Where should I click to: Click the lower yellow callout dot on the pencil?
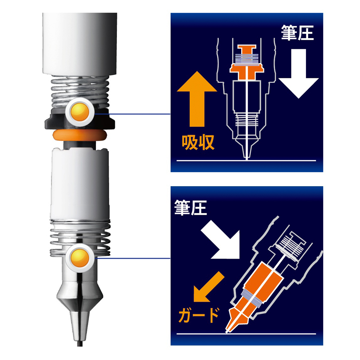79,257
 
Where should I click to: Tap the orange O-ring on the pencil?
79,135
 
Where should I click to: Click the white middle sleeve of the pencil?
79,186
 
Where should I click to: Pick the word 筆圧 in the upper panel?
297,33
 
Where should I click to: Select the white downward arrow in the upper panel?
298,75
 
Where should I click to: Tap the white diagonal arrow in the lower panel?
220,240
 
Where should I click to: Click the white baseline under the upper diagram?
246,161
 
